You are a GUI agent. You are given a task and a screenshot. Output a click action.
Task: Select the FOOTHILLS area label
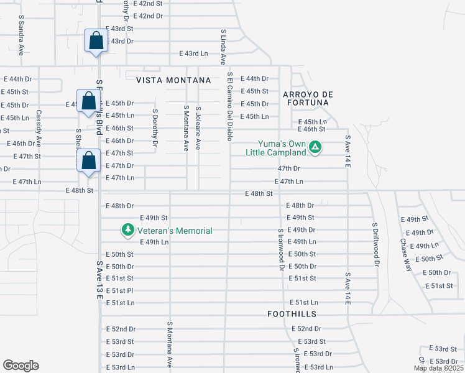tap(292, 315)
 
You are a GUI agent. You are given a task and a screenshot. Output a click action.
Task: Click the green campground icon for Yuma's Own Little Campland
tap(315, 147)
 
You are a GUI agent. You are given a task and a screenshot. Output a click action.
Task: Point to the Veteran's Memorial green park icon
tap(128, 230)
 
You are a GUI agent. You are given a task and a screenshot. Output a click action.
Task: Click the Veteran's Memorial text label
tap(175, 231)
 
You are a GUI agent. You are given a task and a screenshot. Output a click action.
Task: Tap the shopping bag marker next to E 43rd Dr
tap(96, 41)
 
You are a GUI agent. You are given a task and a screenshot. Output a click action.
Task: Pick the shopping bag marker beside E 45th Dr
tap(88, 100)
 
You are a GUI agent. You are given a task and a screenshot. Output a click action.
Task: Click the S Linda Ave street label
tap(223, 47)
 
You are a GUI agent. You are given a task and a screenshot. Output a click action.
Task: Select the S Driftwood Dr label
tap(375, 244)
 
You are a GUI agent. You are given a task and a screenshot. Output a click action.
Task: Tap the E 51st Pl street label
tap(120, 290)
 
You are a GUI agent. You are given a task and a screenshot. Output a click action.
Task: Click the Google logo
tap(21, 366)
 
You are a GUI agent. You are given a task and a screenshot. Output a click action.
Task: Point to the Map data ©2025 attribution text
tap(438, 368)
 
